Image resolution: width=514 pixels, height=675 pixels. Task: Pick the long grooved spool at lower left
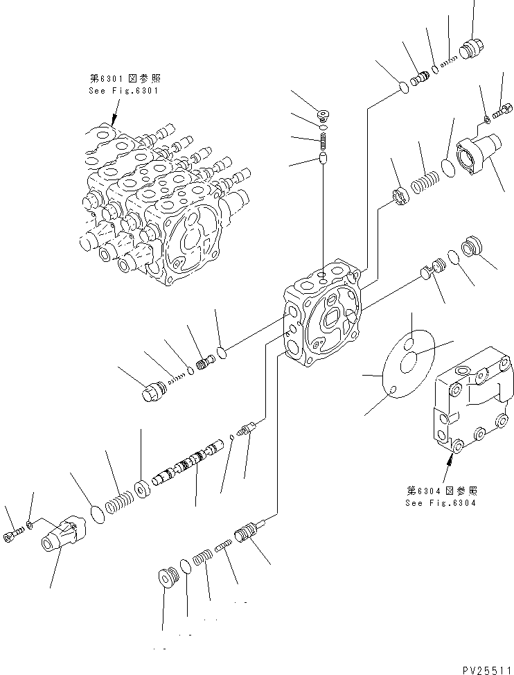click(x=183, y=467)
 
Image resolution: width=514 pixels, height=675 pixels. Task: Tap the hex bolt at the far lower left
click(x=15, y=537)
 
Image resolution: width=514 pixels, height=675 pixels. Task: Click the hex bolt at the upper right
click(x=504, y=109)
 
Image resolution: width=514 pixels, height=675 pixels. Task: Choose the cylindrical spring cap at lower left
click(x=63, y=538)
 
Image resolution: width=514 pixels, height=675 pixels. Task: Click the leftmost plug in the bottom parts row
click(x=167, y=577)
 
